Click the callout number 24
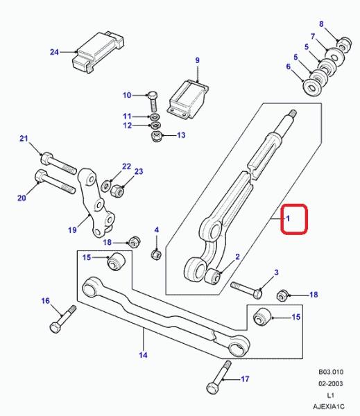tap(54, 52)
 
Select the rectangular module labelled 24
tap(98, 52)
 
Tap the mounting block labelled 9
tap(188, 99)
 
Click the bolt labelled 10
tap(153, 102)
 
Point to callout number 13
tap(181, 135)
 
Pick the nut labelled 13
tap(156, 136)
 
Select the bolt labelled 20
tap(55, 182)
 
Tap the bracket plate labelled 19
tap(96, 202)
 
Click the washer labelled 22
tap(107, 185)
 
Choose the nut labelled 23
tap(117, 191)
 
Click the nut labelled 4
tap(156, 254)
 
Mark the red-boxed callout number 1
tap(288, 218)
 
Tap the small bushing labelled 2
tap(213, 276)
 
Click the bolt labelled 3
tap(247, 290)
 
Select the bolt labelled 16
tap(62, 319)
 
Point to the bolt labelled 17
tap(218, 378)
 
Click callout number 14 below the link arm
tap(143, 355)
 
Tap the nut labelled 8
tap(345, 44)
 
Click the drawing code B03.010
tap(331, 372)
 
